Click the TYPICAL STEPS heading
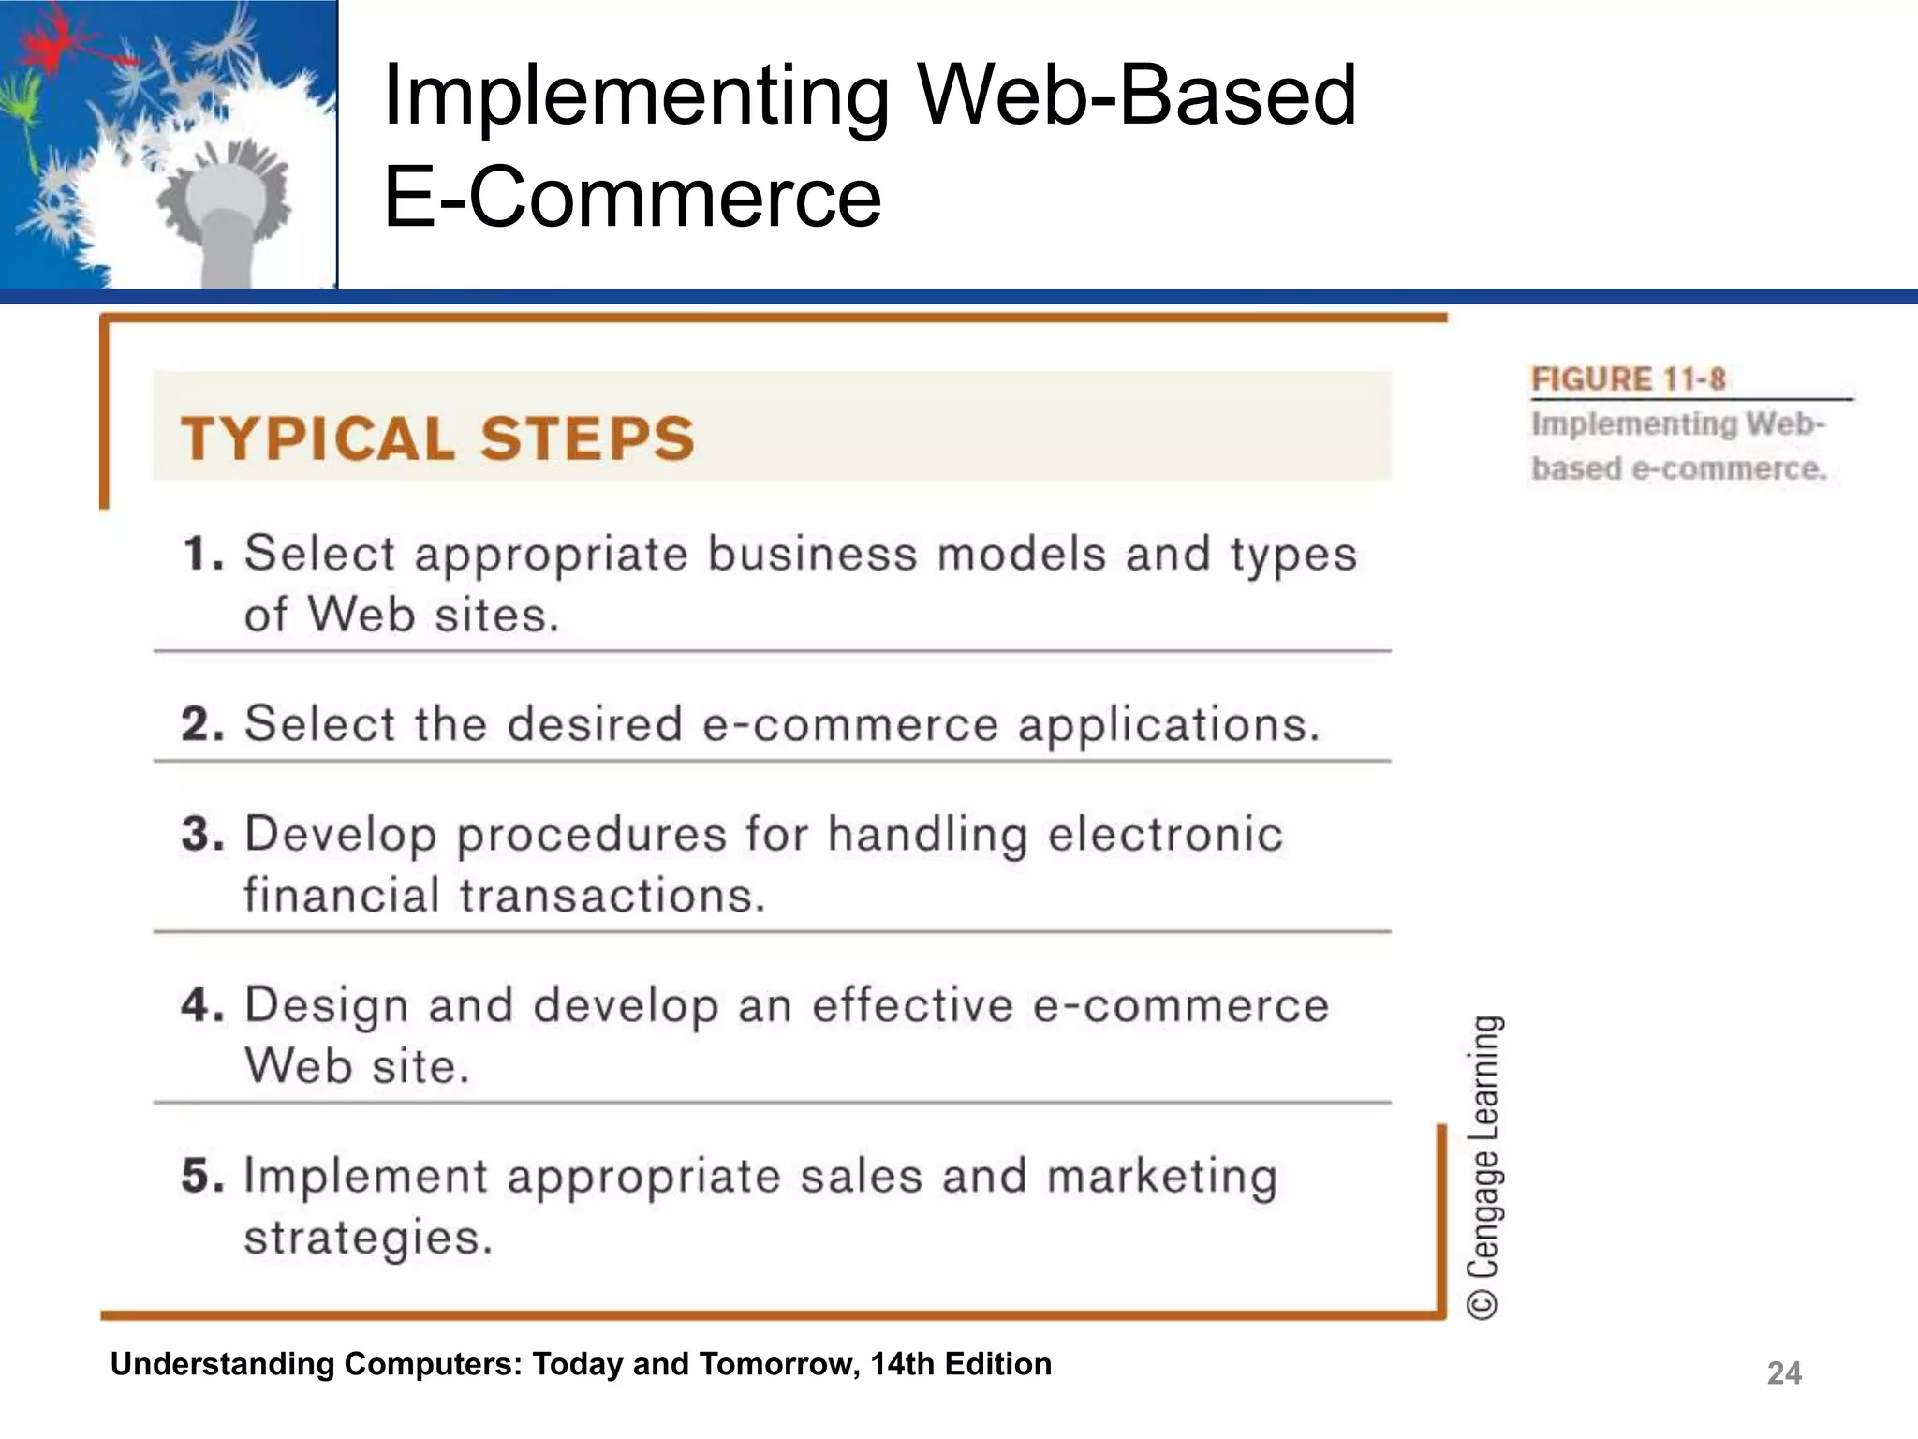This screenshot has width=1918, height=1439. (x=438, y=438)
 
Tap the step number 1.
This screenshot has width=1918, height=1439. (x=202, y=554)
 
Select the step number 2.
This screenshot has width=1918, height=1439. (x=202, y=724)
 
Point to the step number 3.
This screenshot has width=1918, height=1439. (x=202, y=834)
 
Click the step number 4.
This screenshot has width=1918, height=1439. (x=202, y=1005)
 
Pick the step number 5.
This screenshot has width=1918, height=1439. (x=202, y=1176)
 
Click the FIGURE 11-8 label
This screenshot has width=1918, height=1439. (x=1628, y=379)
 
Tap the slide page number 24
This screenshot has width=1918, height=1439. (x=1783, y=1373)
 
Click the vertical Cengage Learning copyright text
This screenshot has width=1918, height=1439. (x=1484, y=1166)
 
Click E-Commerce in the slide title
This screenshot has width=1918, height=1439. (x=632, y=197)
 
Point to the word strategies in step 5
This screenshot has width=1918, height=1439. (x=367, y=1238)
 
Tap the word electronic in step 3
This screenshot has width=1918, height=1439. (x=1165, y=834)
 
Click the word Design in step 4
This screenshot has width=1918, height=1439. (x=326, y=1006)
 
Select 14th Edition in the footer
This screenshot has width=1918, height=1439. (x=960, y=1364)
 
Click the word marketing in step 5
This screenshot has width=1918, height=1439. (x=1161, y=1177)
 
